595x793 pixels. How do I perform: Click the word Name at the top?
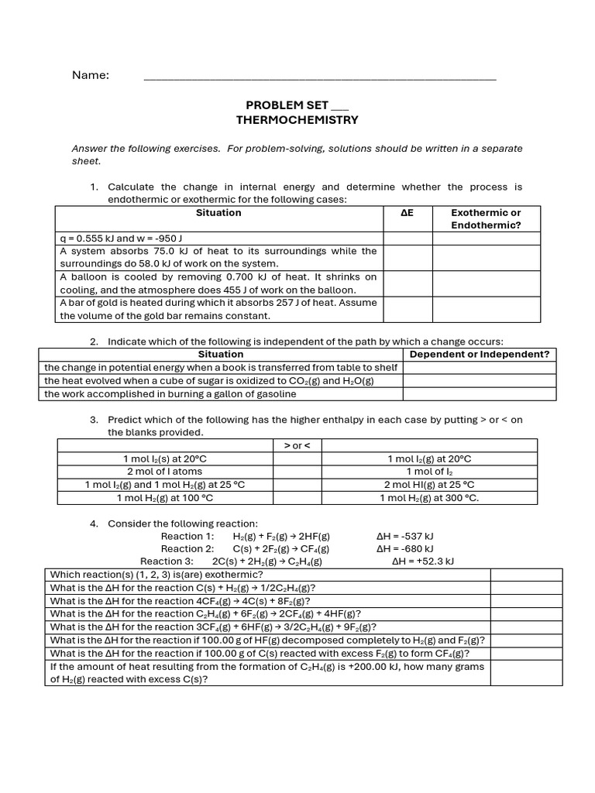point(91,75)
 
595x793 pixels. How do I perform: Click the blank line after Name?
point(319,77)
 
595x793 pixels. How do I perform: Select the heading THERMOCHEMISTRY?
point(297,120)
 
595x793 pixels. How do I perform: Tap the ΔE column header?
point(408,213)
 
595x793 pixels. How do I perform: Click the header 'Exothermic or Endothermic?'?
point(486,219)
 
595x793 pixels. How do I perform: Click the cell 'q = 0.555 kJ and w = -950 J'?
point(122,239)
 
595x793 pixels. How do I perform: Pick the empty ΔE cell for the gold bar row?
point(408,309)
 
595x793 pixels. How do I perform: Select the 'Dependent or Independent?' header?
point(479,355)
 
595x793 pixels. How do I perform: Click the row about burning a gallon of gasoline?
point(170,394)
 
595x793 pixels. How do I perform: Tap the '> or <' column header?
point(297,446)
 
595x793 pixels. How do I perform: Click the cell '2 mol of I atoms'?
point(164,472)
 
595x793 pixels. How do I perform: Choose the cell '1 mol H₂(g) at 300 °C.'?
point(428,498)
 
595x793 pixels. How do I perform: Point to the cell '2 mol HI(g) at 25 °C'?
point(428,485)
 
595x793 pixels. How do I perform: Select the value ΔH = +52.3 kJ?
point(422,561)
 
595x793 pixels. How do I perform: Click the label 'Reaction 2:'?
point(182,549)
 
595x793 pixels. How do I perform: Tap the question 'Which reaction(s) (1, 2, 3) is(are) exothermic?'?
point(156,575)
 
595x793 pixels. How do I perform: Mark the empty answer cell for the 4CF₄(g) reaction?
point(526,601)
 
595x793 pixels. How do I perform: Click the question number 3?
point(93,420)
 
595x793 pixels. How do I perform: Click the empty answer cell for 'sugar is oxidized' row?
point(479,381)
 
